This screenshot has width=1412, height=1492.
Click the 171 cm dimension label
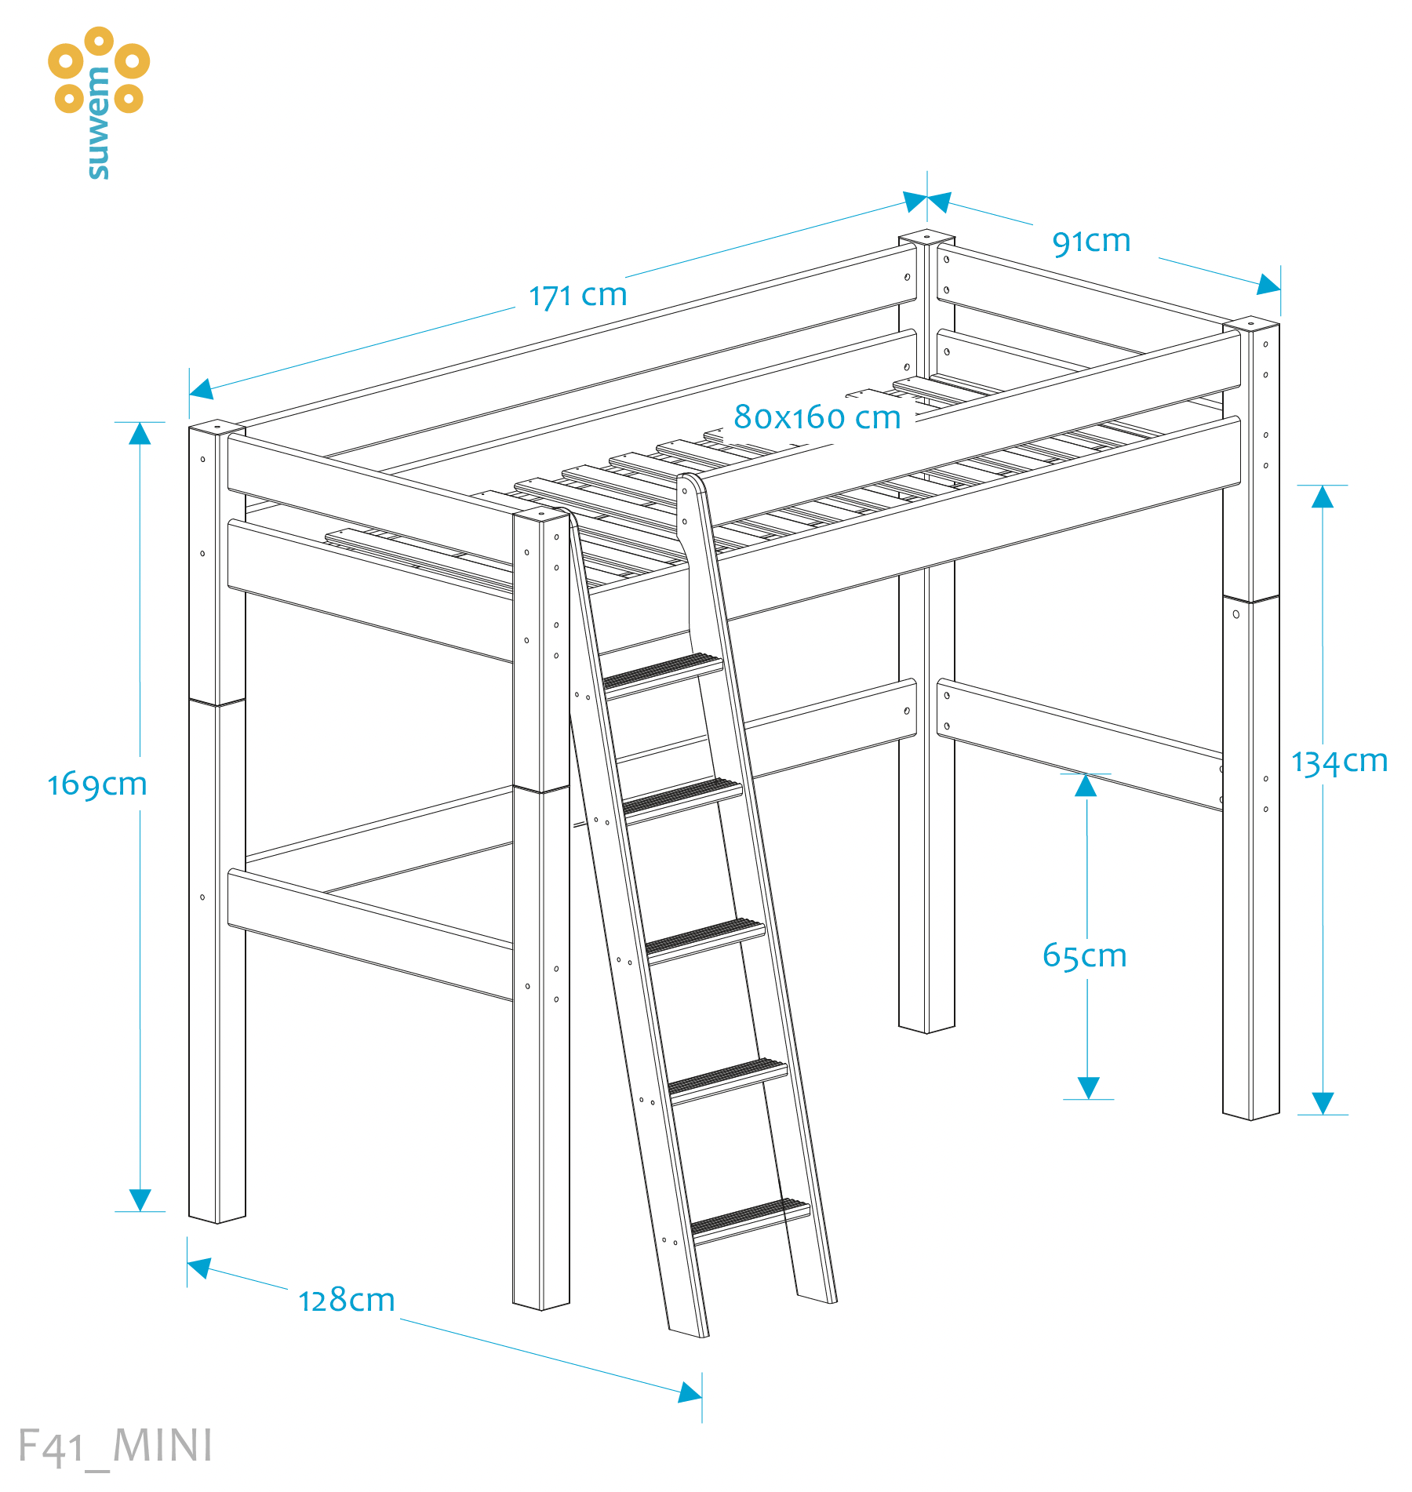click(577, 296)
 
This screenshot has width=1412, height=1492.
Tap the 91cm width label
click(1091, 242)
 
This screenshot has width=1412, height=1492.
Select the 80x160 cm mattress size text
click(817, 417)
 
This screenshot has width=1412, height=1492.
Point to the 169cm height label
click(97, 784)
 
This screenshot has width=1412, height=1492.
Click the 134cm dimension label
click(1340, 762)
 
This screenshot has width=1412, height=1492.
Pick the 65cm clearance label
click(1084, 955)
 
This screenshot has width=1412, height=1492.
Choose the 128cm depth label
click(346, 1300)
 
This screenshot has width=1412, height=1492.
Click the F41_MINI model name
click(115, 1446)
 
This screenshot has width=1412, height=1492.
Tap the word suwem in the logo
click(98, 123)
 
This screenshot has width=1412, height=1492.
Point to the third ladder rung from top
click(705, 940)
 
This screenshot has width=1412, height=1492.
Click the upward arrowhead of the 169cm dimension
click(140, 434)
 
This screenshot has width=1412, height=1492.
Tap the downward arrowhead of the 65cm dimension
click(1088, 1087)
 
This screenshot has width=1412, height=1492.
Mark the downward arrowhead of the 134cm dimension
click(1323, 1103)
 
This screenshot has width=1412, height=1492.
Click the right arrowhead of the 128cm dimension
click(690, 1392)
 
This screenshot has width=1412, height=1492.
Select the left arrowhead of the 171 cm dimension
click(202, 389)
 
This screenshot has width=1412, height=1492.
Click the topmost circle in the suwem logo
click(99, 41)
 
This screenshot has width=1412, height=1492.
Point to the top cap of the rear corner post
click(926, 236)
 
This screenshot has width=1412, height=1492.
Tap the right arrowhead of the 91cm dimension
click(1268, 284)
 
